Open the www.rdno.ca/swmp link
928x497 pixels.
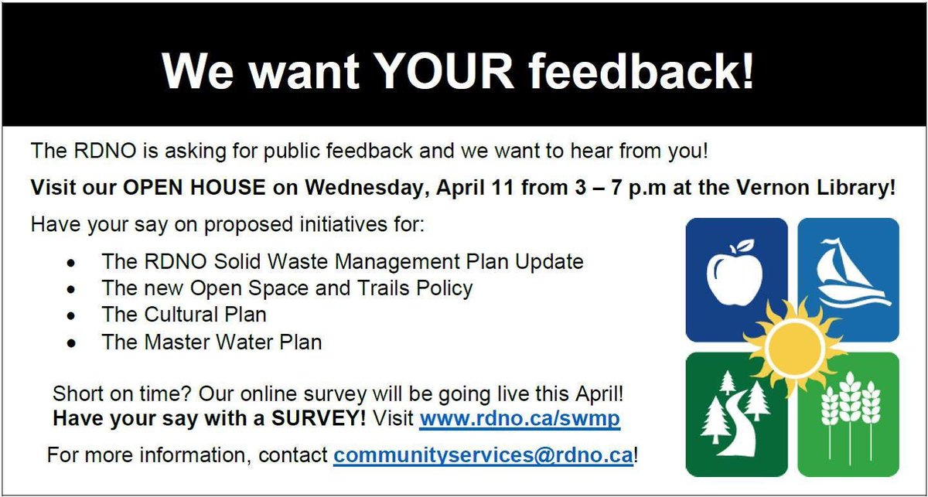[x=520, y=420]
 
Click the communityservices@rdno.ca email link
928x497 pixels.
[x=483, y=454]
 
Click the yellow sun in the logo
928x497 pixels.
[x=793, y=346]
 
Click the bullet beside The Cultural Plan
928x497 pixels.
[x=71, y=316]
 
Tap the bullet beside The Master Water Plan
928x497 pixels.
[x=71, y=342]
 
